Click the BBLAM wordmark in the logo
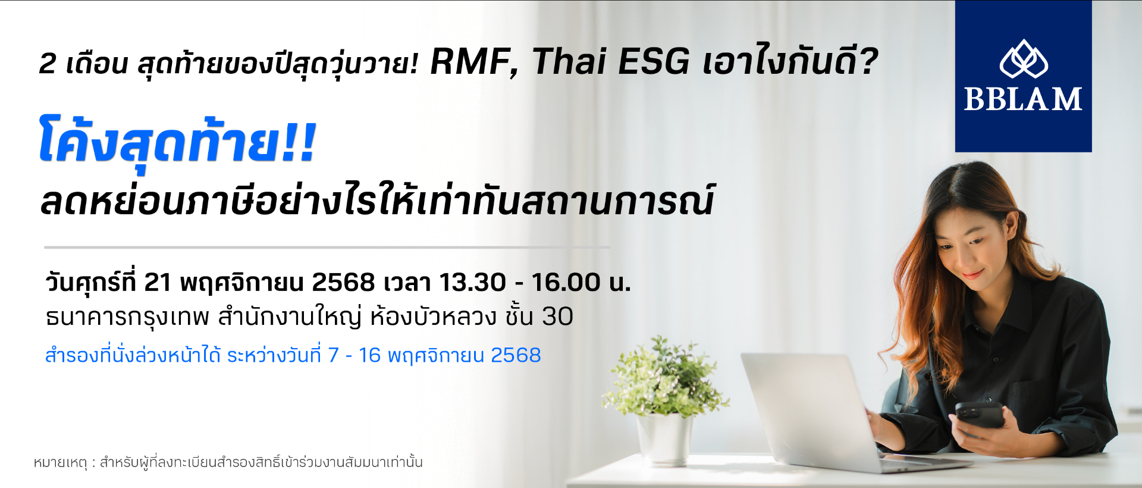pyautogui.click(x=1023, y=99)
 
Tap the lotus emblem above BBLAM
pyautogui.click(x=1024, y=59)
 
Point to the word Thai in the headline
pyautogui.click(x=569, y=61)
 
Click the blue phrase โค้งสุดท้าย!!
pyautogui.click(x=177, y=142)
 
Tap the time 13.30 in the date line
pyautogui.click(x=472, y=282)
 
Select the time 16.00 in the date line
pyautogui.click(x=566, y=282)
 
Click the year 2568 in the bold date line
pyautogui.click(x=343, y=282)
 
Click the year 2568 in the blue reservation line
pyautogui.click(x=516, y=355)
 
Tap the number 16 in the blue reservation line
pyautogui.click(x=369, y=355)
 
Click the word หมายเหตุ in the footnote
pyautogui.click(x=61, y=462)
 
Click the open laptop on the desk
pyautogui.click(x=833, y=411)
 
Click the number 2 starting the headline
pyautogui.click(x=48, y=63)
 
